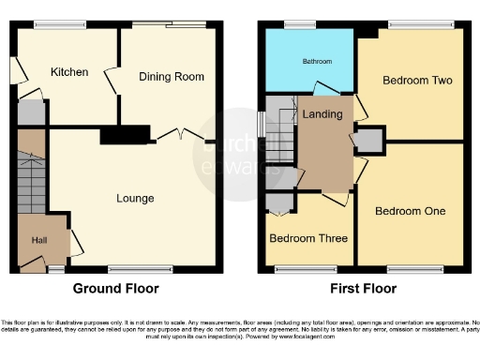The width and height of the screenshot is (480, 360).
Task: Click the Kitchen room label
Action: (x=69, y=71)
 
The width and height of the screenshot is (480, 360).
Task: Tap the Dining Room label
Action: (x=172, y=76)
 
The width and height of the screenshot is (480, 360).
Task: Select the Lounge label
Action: (x=135, y=198)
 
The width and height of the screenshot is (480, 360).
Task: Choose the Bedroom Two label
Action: (x=417, y=81)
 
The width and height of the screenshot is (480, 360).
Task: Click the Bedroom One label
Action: (x=410, y=211)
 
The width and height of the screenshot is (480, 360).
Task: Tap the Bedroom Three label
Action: (x=305, y=238)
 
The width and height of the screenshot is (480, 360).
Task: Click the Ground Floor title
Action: (x=115, y=289)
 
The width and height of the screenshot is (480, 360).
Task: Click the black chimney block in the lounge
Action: (x=126, y=137)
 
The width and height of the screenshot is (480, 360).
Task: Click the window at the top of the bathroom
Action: (x=300, y=23)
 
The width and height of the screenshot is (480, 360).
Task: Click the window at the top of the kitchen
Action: (x=47, y=23)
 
